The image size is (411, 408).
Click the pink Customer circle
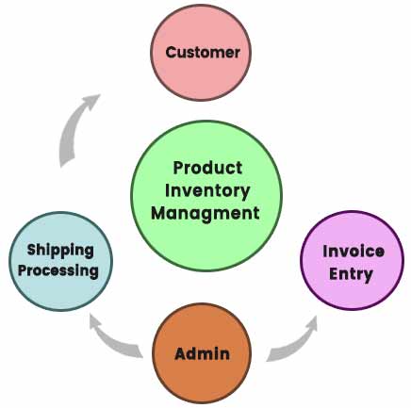tap(201, 53)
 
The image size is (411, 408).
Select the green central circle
tap(206, 196)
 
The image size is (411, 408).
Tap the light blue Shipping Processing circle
tap(60, 261)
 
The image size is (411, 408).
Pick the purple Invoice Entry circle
tap(352, 260)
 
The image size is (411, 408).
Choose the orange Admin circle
tap(202, 353)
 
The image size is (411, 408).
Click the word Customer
tap(203, 52)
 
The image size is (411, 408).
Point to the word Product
tap(207, 168)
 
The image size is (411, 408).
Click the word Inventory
tap(207, 191)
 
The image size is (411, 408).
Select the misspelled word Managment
tap(205, 214)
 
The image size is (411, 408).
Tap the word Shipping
tap(60, 251)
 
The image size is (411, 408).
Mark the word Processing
tap(58, 270)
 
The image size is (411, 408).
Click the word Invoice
tap(353, 252)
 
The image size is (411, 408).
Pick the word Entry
tap(351, 274)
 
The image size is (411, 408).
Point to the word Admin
tap(202, 353)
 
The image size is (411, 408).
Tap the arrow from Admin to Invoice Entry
tap(295, 344)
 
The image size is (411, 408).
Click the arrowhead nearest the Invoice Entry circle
tap(310, 323)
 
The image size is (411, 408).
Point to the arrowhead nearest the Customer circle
tap(91, 101)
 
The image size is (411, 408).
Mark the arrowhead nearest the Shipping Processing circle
tap(96, 323)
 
